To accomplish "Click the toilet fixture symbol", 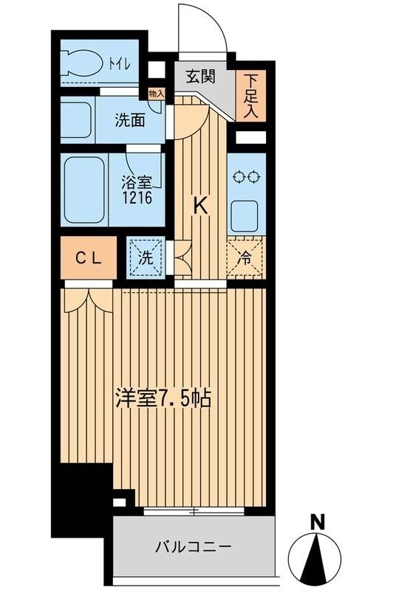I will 84,62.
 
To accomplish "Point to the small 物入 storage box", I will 156,94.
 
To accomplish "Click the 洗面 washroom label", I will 129,121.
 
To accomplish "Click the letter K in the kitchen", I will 199,206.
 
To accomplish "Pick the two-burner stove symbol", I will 245,176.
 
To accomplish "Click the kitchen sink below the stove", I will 245,215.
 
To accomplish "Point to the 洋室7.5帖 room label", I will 163,399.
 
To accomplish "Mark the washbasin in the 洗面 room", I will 75,118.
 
